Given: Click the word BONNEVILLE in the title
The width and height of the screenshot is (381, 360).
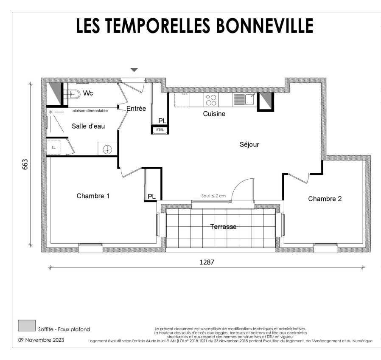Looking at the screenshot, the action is (x=264, y=25).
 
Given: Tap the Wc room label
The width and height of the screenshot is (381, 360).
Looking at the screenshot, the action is (x=88, y=93).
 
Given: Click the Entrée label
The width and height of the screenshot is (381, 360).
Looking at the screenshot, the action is (x=136, y=108).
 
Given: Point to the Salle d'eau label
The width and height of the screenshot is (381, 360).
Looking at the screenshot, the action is (x=88, y=126).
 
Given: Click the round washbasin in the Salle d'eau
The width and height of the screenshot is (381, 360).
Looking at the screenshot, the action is (x=107, y=149).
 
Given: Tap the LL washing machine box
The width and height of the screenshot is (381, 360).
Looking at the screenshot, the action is (x=53, y=147).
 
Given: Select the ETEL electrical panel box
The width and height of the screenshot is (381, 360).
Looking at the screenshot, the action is (x=160, y=130).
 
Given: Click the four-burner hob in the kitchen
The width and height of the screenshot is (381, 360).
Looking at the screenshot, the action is (x=211, y=100).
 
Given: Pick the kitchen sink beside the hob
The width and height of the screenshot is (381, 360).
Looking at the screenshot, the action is (x=245, y=100).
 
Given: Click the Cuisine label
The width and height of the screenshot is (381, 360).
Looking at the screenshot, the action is (x=214, y=114).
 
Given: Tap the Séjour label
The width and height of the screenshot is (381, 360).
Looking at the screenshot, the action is (x=249, y=144).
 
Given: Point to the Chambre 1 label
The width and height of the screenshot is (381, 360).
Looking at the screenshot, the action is (x=93, y=196).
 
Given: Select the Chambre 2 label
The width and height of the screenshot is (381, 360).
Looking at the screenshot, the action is (x=325, y=199).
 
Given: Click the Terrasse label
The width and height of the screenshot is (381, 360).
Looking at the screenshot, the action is (x=223, y=227).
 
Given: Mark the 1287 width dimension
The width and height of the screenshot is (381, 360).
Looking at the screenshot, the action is (x=207, y=262).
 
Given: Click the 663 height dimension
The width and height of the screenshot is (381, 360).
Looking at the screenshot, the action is (x=25, y=164).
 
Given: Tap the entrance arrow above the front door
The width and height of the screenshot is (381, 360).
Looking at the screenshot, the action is (x=134, y=70).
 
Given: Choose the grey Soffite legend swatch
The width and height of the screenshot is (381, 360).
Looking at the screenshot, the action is (x=27, y=326).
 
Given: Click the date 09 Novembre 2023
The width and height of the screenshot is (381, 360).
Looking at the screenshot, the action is (x=41, y=340).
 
